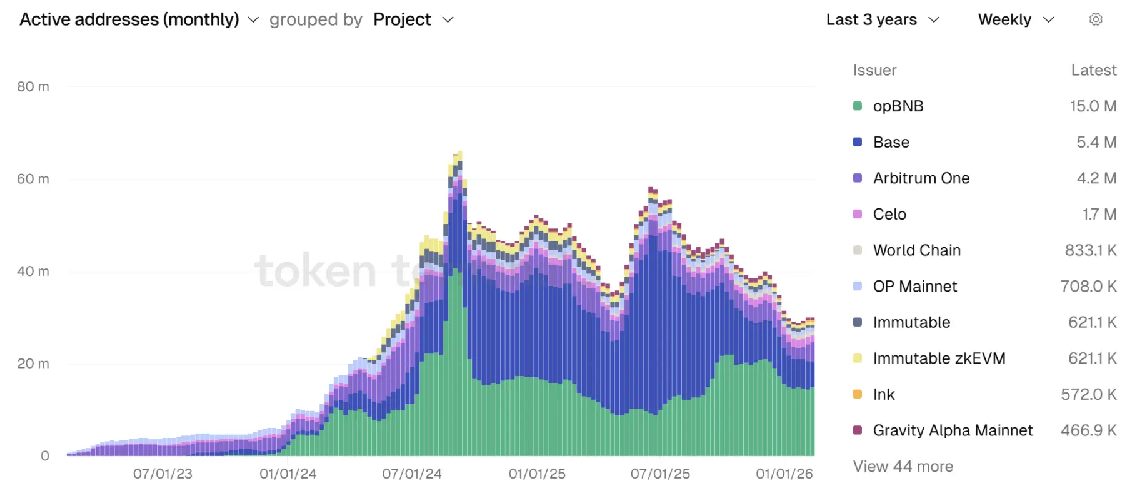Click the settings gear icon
click(x=1095, y=19)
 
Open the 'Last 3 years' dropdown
click(x=882, y=19)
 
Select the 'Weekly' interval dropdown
click(x=1016, y=19)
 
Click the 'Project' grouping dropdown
click(x=413, y=19)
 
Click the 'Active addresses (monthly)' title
click(x=129, y=19)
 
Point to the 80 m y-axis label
click(x=33, y=87)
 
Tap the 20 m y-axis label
click(x=33, y=364)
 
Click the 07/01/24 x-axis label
click(x=412, y=474)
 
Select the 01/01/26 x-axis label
click(x=784, y=474)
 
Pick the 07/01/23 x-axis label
click(x=163, y=474)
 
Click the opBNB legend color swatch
click(x=858, y=106)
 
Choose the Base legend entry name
click(x=891, y=142)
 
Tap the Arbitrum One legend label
click(x=921, y=178)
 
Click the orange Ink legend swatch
click(x=858, y=394)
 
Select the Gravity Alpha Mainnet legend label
click(x=952, y=430)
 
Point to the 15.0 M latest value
click(x=1093, y=106)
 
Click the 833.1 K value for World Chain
click(x=1090, y=250)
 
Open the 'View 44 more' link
click(x=903, y=466)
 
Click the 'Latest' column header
click(x=1093, y=70)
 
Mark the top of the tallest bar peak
click(x=459, y=152)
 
